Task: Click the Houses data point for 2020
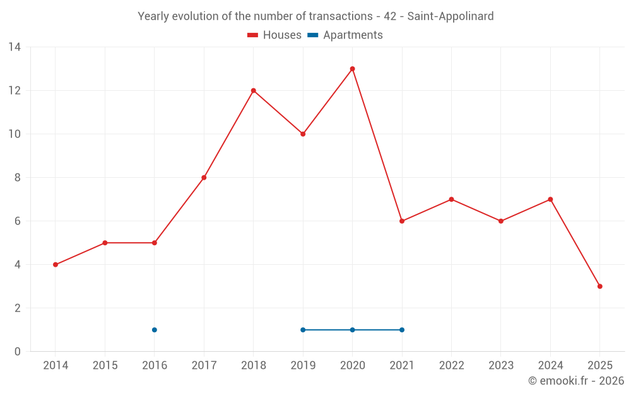(x=352, y=69)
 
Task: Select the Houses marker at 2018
(x=254, y=91)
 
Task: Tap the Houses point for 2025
(x=599, y=286)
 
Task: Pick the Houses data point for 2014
(x=56, y=265)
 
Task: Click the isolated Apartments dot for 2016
(x=155, y=330)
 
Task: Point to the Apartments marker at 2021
(x=402, y=330)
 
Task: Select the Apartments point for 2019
(x=303, y=330)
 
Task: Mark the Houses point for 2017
(x=204, y=178)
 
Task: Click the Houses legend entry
(x=274, y=35)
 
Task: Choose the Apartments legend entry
(x=345, y=35)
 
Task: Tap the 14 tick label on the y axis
(x=15, y=47)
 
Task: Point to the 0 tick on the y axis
(x=18, y=351)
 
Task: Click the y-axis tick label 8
(x=18, y=178)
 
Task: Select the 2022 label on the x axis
(x=451, y=366)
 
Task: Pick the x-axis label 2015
(x=105, y=366)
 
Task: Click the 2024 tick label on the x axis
(x=550, y=366)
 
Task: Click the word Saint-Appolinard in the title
(x=450, y=16)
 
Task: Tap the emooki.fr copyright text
(x=575, y=381)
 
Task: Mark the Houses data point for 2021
(x=402, y=221)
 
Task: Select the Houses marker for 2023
(x=501, y=221)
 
